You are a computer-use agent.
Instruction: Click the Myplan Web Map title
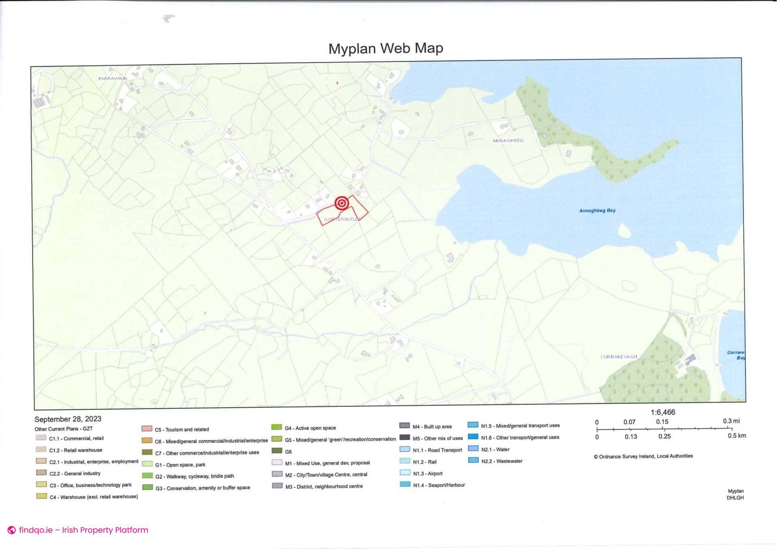click(x=386, y=49)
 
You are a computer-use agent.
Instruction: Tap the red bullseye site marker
click(x=342, y=203)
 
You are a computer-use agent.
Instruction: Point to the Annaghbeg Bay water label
click(x=597, y=210)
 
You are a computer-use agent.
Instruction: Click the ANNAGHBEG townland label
click(x=508, y=141)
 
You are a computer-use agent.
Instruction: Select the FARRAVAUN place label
click(x=113, y=78)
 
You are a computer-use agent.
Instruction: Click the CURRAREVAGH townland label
click(x=618, y=357)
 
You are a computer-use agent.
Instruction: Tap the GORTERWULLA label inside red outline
click(x=342, y=219)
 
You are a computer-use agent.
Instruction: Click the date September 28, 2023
click(x=68, y=419)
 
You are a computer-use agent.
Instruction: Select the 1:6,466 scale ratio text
click(x=662, y=412)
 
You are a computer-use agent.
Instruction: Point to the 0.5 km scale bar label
click(x=737, y=436)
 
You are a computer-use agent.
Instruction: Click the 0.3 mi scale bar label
click(x=731, y=421)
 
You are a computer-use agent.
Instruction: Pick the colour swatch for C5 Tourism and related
click(x=146, y=429)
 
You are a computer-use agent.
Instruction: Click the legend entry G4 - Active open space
click(x=310, y=428)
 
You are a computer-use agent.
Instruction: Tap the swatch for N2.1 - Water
click(x=473, y=449)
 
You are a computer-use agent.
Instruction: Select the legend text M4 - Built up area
click(x=432, y=426)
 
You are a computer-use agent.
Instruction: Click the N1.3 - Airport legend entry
click(x=427, y=473)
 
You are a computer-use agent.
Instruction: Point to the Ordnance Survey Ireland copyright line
click(x=643, y=456)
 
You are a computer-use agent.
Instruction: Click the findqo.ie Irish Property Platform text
click(x=83, y=530)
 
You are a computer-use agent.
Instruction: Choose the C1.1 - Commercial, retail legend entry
click(x=76, y=438)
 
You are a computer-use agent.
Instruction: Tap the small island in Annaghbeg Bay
click(x=624, y=231)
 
